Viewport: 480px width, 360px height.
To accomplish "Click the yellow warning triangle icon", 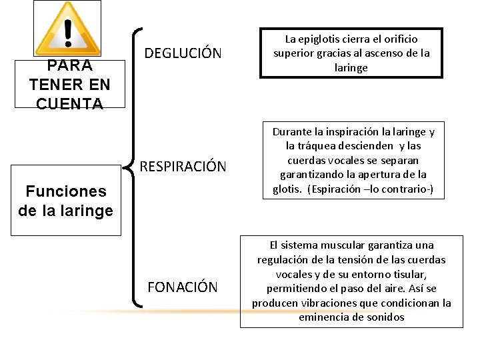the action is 67,30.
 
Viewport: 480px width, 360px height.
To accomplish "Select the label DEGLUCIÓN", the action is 183,53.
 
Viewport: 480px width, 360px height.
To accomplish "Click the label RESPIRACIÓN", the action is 183,166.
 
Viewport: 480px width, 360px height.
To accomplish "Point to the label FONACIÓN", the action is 182,287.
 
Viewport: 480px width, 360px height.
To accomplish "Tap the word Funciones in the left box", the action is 66,191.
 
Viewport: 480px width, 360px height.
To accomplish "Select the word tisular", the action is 407,274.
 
